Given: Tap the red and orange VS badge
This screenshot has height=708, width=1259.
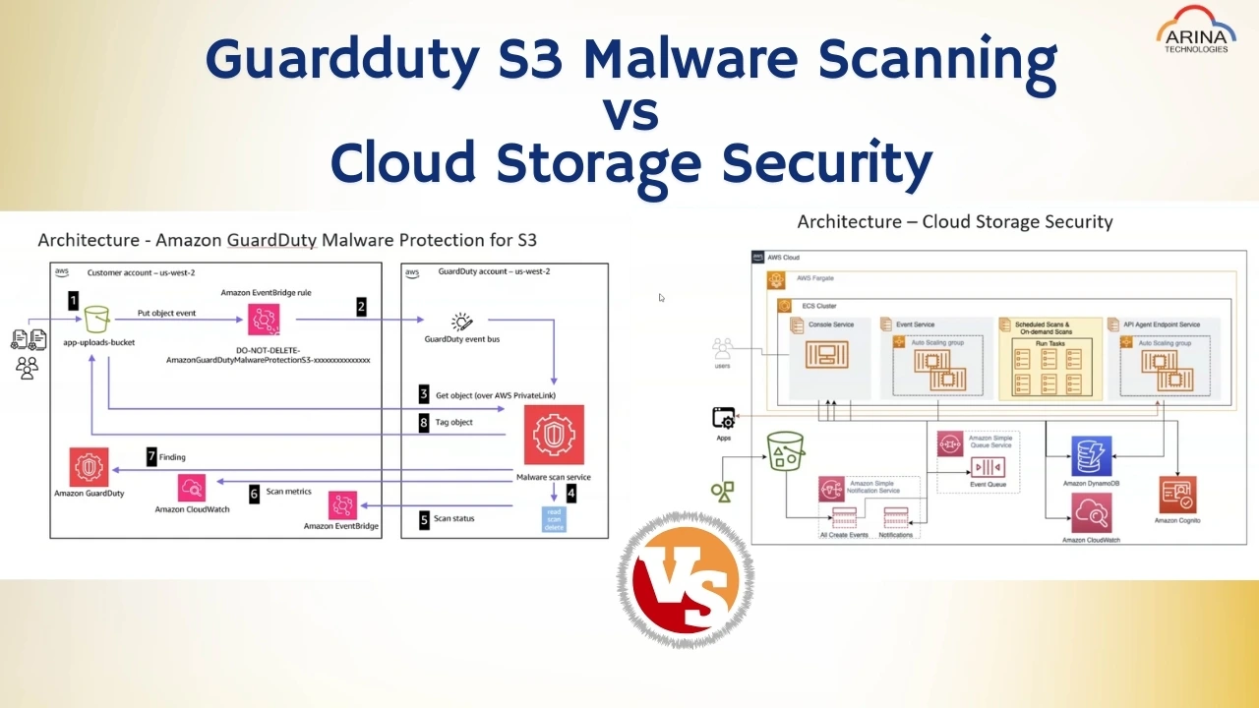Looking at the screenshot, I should click(685, 579).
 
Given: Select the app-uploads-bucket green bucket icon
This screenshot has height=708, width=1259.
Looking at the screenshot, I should click(96, 320).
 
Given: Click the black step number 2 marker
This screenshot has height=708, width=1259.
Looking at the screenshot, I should click(361, 307).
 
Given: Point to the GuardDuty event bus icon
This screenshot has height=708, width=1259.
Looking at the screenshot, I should click(461, 322).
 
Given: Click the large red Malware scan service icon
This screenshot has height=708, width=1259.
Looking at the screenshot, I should click(554, 435).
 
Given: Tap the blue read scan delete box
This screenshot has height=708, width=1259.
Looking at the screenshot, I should click(554, 519).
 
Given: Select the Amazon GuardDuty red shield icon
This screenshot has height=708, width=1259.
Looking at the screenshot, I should click(89, 466).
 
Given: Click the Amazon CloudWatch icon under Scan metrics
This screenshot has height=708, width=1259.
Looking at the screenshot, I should click(192, 488).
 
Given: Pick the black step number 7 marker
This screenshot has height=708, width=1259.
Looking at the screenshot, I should click(151, 456).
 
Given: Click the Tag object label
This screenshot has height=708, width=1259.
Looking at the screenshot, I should click(453, 422).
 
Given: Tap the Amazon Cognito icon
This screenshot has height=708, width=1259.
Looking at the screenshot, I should click(1177, 495).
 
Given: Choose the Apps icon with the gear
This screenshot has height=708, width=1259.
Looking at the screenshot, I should click(724, 418).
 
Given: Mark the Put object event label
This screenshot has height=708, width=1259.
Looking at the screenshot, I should click(167, 313).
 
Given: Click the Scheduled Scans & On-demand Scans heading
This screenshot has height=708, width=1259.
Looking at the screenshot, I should click(1042, 327).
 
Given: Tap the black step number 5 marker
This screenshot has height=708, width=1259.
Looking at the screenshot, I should click(424, 519).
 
